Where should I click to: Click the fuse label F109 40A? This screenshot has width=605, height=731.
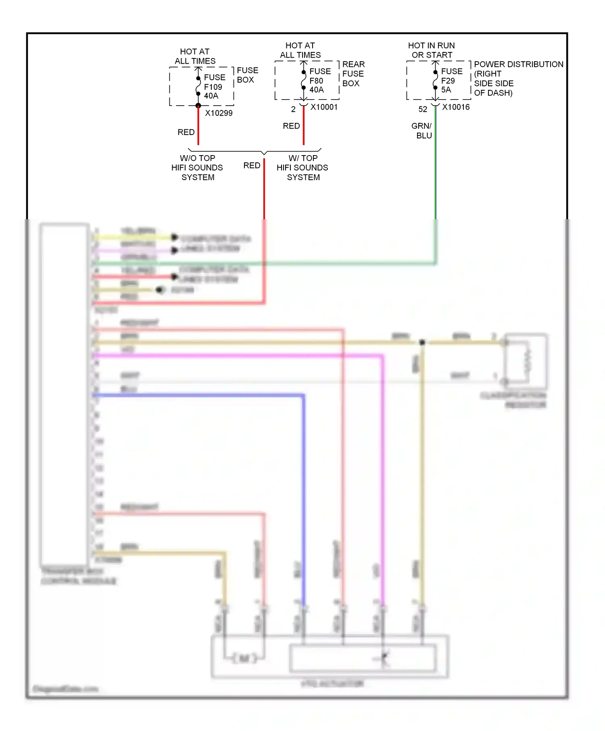pos(213,87)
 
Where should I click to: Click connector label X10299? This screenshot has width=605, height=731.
pos(219,113)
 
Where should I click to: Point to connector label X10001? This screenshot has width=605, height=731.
pos(324,107)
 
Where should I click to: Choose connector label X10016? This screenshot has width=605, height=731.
pos(456,107)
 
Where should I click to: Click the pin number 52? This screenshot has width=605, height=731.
pos(422,109)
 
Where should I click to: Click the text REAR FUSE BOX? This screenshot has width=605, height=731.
pos(353,74)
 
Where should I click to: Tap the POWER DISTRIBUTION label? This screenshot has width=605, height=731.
pos(518,64)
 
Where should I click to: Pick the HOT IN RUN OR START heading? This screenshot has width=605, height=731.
pos(432,50)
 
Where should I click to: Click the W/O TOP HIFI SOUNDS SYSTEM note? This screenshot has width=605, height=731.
pos(197,168)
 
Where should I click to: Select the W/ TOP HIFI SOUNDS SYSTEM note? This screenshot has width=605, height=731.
pos(302,168)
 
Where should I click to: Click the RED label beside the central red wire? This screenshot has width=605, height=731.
pos(252,166)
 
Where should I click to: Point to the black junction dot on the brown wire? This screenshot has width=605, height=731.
pos(422,343)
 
